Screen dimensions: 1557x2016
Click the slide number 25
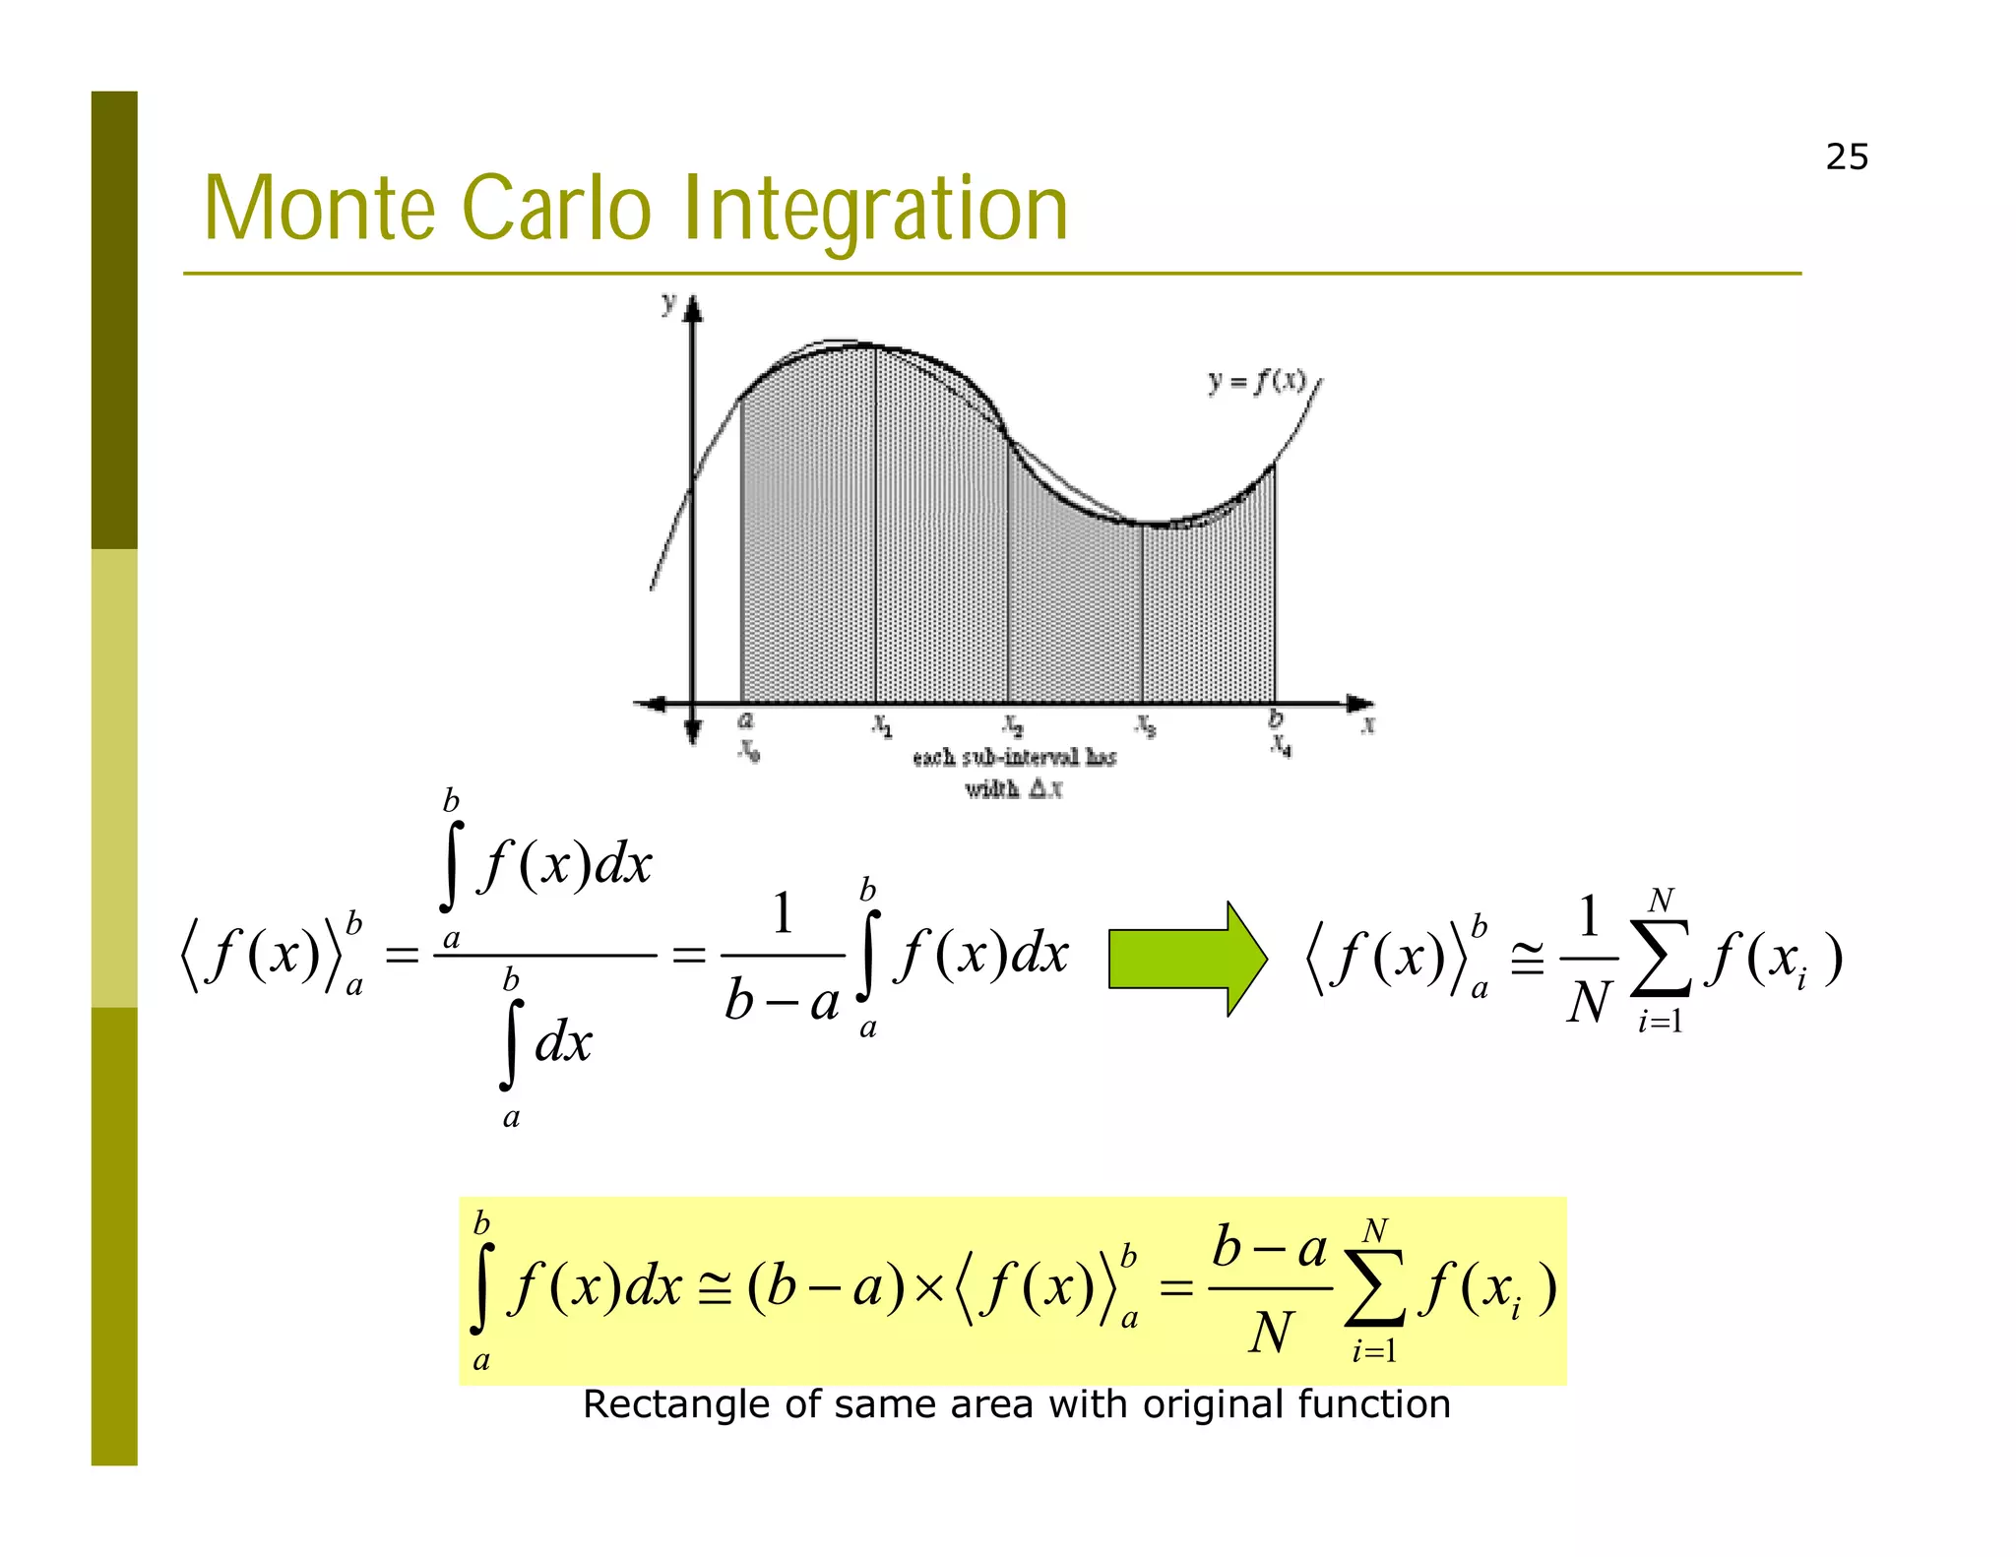[1846, 157]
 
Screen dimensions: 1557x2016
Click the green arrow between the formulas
[1187, 958]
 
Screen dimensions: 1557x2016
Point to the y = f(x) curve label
[1257, 381]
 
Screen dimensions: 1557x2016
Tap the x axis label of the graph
[1367, 725]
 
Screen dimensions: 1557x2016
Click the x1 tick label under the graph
[883, 726]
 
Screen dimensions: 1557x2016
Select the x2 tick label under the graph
[1013, 726]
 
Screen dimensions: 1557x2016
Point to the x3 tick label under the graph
[1145, 726]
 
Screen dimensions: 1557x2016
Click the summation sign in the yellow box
[1374, 1290]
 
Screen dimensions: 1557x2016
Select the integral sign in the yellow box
[481, 1290]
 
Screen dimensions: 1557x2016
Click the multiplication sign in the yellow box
[928, 1288]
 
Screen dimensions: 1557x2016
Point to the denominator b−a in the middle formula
[783, 1003]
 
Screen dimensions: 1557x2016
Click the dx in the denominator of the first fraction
[563, 1042]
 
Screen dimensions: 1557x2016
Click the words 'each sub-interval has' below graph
[1014, 758]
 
